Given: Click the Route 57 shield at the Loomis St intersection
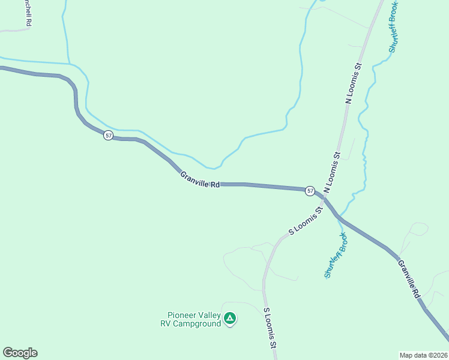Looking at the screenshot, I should coord(310,191).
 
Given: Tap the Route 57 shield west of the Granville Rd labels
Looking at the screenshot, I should coord(108,135).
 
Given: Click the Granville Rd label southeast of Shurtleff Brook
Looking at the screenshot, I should coord(408,278).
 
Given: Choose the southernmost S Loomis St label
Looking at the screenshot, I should coord(270,328).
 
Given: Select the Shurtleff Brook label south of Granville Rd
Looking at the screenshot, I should coord(336,255).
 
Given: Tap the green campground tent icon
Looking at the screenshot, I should coord(229,318).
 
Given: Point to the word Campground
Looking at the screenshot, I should coord(197,323).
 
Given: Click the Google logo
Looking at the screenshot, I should coord(20,353).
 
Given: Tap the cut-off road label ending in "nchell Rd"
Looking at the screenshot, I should coord(27,12).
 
